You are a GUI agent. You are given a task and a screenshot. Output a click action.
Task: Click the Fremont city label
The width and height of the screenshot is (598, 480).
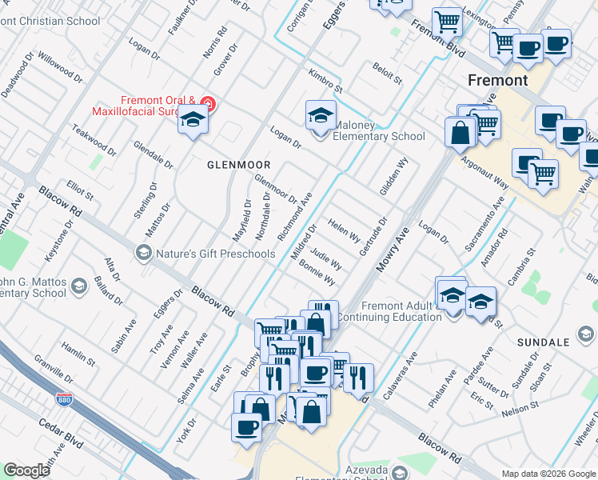pos(497,81)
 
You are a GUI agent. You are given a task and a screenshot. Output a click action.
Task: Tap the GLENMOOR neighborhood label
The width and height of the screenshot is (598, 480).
pos(239,164)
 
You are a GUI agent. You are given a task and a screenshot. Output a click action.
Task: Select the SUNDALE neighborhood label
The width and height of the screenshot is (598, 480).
pos(544,342)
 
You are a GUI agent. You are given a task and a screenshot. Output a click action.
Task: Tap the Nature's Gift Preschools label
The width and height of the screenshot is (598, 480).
pos(215,254)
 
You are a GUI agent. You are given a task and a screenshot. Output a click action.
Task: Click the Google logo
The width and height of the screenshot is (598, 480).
pos(26,470)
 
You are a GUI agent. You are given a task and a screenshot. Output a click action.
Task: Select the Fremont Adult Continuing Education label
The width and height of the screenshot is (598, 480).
pos(389,311)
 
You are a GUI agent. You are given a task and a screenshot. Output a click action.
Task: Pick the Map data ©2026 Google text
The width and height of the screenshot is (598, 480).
pos(548,474)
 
